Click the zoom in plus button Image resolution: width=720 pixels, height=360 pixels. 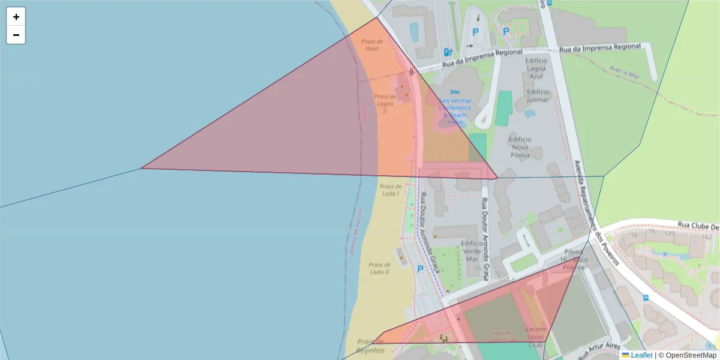point(16,17)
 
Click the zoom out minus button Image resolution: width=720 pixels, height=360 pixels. point(16,35)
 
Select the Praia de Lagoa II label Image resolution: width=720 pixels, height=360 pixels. point(385,103)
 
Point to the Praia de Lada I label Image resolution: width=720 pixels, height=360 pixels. point(391,190)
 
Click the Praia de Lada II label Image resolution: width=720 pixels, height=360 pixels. point(379,268)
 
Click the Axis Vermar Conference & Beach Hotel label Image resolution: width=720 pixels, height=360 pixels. point(455,111)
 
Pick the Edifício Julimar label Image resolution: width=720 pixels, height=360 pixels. point(538,95)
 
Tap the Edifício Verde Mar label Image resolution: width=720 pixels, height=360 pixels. point(472,251)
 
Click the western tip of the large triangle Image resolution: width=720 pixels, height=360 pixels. point(141,168)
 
